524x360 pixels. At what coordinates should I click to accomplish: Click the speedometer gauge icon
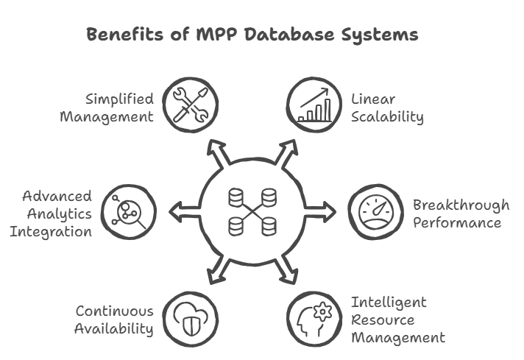click(x=373, y=212)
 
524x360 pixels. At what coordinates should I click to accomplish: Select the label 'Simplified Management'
click(x=117, y=107)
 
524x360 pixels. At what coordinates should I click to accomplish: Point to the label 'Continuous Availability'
click(x=113, y=320)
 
